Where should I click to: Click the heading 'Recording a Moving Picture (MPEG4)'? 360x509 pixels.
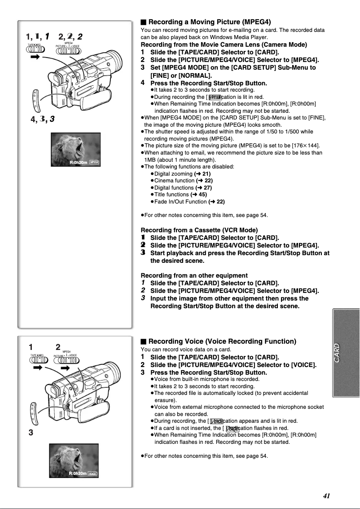point(210,22)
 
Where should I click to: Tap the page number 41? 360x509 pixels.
point(326,496)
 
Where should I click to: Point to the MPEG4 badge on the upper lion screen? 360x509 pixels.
point(94,162)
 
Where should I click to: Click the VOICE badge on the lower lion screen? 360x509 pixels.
point(92,474)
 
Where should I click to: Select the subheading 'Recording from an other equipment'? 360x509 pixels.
point(194,275)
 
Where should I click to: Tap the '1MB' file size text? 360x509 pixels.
point(149,159)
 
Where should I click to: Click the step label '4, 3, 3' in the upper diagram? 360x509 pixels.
point(40,119)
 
